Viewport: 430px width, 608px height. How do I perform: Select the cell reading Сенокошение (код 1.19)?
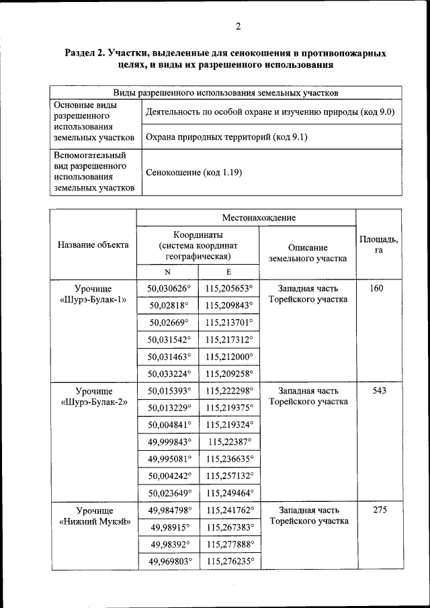coord(193,173)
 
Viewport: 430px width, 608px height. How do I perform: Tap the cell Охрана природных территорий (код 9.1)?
coord(226,137)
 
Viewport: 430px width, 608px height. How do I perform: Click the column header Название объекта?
coord(93,245)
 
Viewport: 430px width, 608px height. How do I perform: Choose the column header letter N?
coord(168,272)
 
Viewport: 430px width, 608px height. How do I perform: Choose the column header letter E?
coord(228,272)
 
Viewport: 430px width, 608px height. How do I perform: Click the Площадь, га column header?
coord(378,245)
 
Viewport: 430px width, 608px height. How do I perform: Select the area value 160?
coord(376,288)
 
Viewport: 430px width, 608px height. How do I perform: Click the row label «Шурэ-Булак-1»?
coord(93,300)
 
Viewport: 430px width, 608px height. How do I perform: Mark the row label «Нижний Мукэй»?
coord(93,521)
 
